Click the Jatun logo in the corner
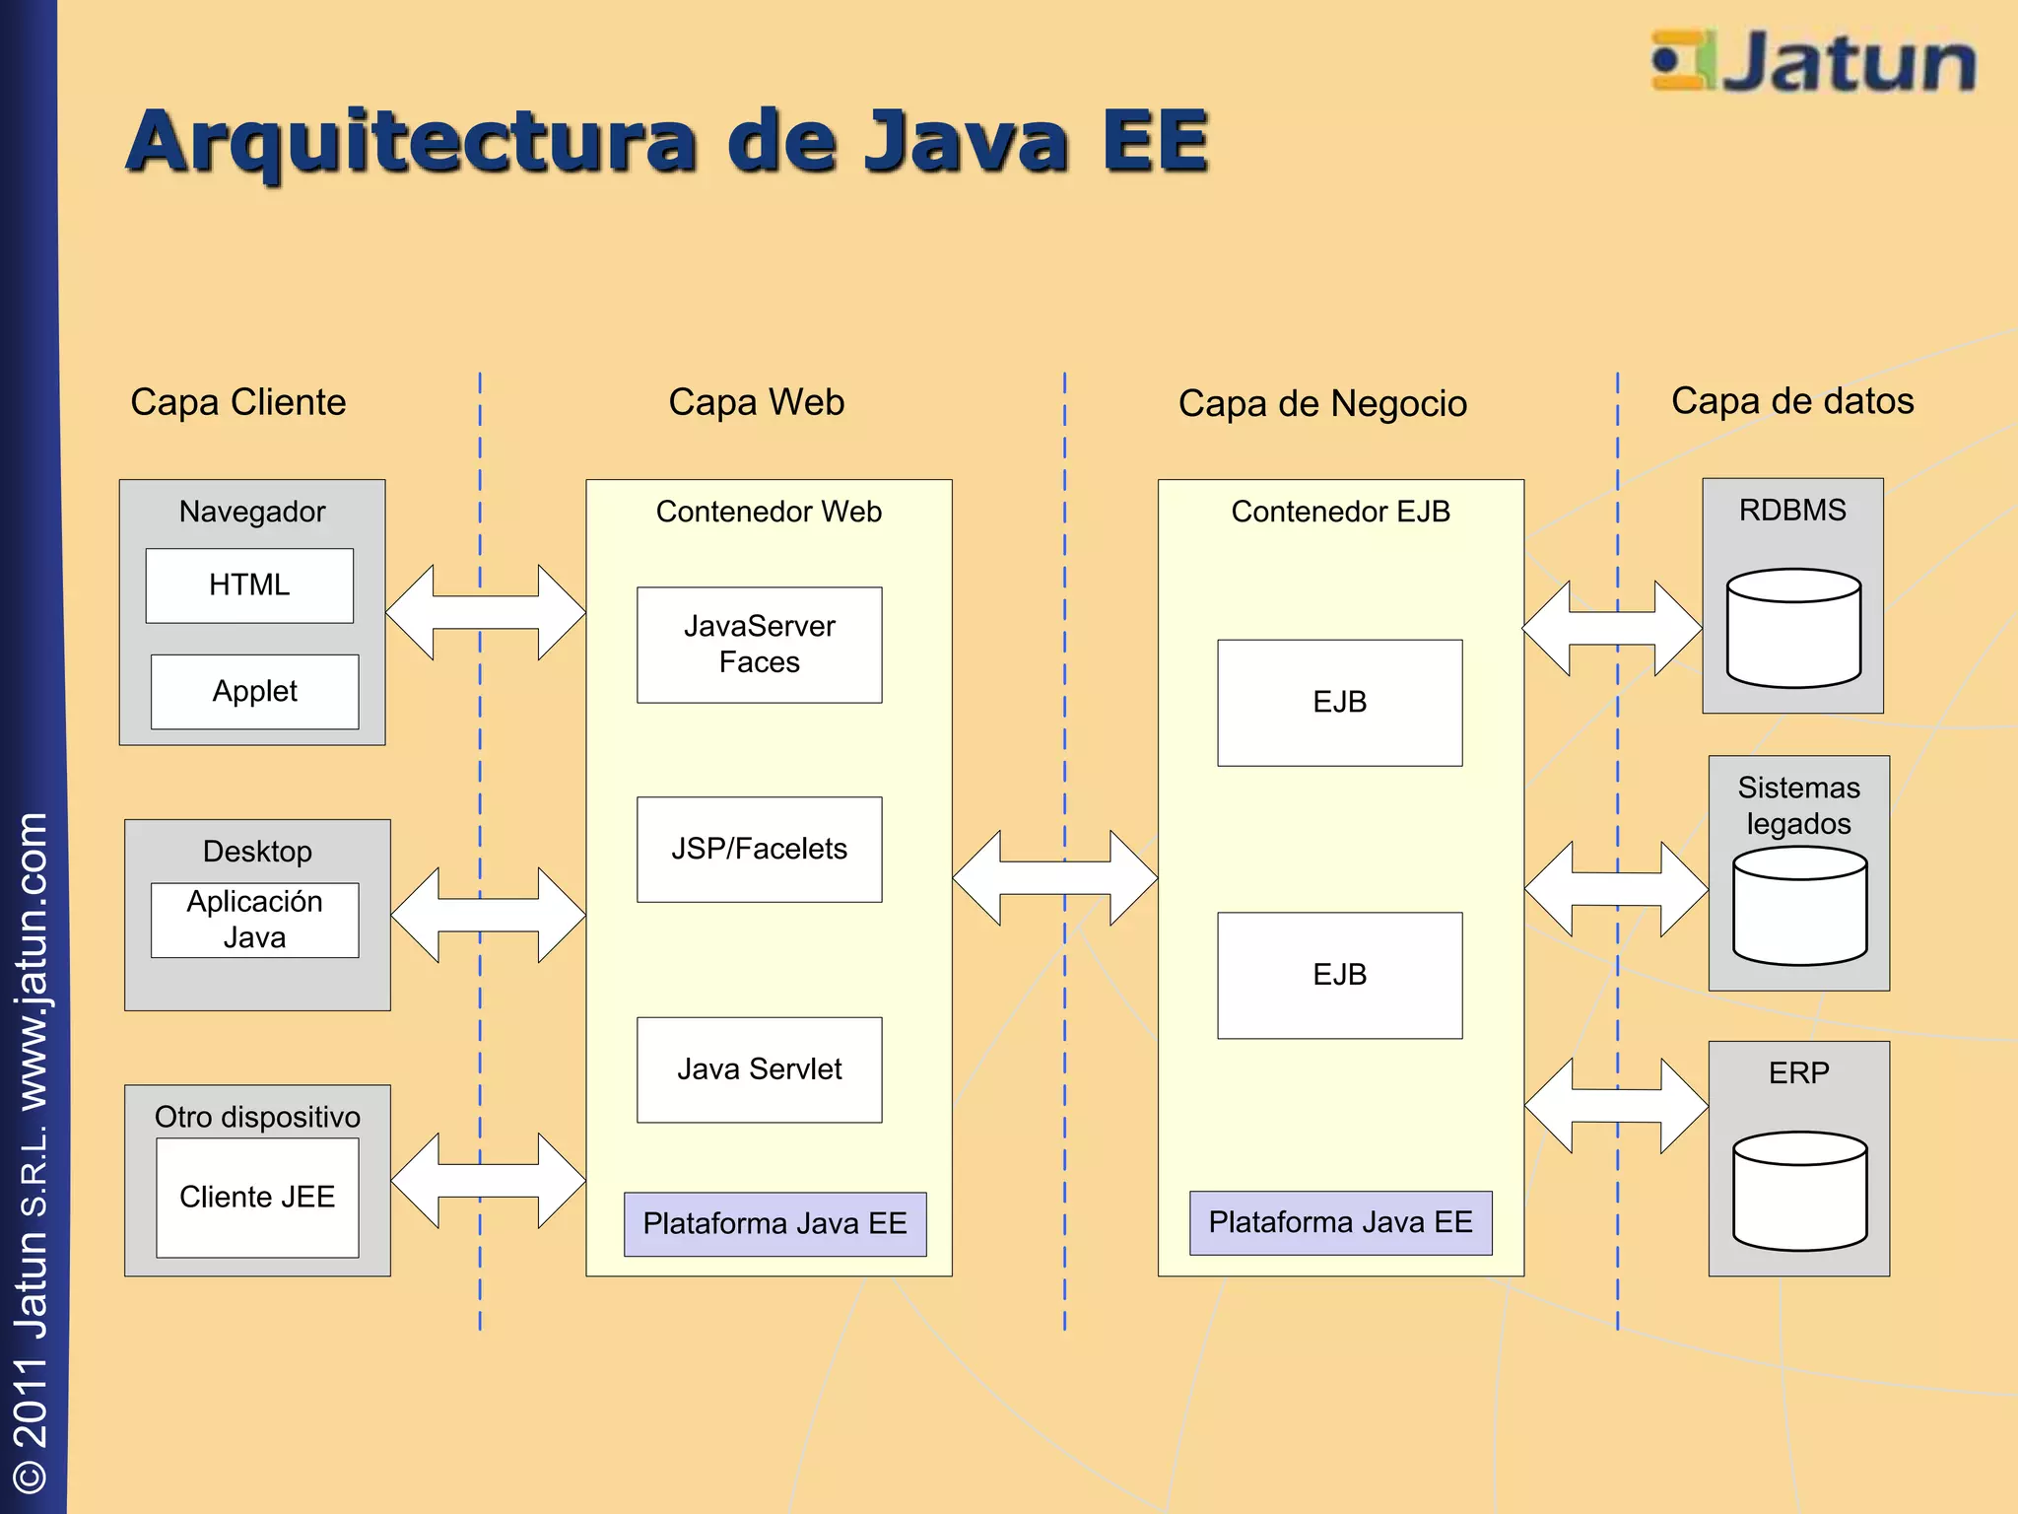click(1813, 61)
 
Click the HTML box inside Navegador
click(249, 585)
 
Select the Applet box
click(254, 692)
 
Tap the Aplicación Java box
click(254, 920)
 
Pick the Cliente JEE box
click(257, 1198)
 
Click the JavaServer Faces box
click(759, 645)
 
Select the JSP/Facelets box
click(759, 849)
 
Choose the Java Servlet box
click(759, 1069)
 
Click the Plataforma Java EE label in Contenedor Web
click(774, 1224)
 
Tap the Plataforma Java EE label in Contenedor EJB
click(1340, 1223)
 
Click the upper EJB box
click(1339, 703)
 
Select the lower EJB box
click(1339, 975)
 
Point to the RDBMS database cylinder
click(1793, 628)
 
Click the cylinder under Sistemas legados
click(1799, 906)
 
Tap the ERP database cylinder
click(1799, 1191)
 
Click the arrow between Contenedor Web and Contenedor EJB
click(1054, 877)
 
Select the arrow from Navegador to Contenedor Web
click(486, 612)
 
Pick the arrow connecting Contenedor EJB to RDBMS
click(1612, 628)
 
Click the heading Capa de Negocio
click(1322, 404)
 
